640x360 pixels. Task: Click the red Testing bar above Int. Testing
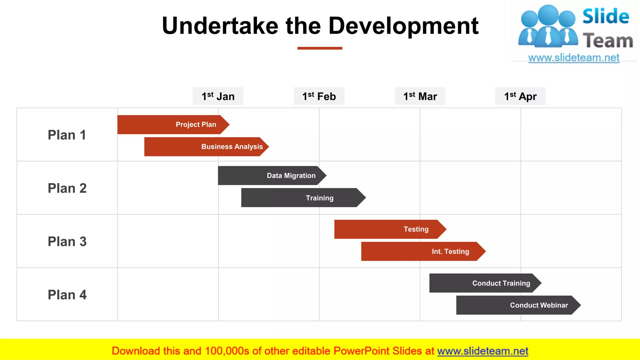[389, 229]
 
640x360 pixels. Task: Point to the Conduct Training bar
[484, 283]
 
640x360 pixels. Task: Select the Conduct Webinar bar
[517, 305]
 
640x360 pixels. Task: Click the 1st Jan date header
[218, 96]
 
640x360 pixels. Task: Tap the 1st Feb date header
[319, 96]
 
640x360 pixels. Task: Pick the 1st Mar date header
[420, 96]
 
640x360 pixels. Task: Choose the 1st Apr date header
[520, 96]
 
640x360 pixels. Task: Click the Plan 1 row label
[67, 135]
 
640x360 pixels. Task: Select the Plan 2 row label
[67, 188]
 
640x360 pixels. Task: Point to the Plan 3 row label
[67, 242]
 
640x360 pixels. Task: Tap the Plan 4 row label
[67, 295]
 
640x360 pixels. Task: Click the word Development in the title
[403, 26]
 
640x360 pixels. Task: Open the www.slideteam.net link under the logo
[574, 58]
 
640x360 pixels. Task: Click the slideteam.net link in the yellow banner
[482, 351]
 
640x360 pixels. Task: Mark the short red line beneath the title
[320, 48]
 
